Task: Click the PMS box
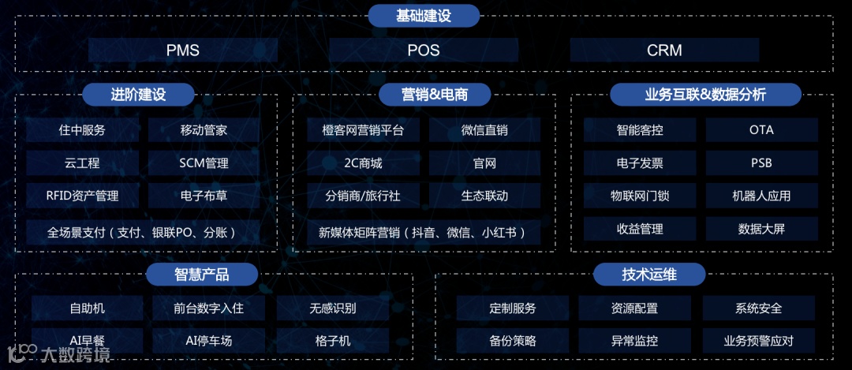pyautogui.click(x=183, y=50)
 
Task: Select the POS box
pyautogui.click(x=424, y=50)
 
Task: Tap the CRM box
pyautogui.click(x=664, y=50)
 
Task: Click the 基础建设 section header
pyautogui.click(x=424, y=15)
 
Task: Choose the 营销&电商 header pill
pyautogui.click(x=435, y=95)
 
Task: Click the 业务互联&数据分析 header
pyautogui.click(x=705, y=95)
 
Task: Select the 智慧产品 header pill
pyautogui.click(x=202, y=274)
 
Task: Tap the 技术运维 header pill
pyautogui.click(x=649, y=274)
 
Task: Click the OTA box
pyautogui.click(x=761, y=130)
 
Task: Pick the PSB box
pyautogui.click(x=761, y=163)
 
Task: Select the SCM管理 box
pyautogui.click(x=204, y=163)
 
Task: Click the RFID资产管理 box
pyautogui.click(x=82, y=196)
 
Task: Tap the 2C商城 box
pyautogui.click(x=364, y=163)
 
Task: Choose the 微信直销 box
pyautogui.click(x=484, y=130)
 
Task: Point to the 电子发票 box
pyautogui.click(x=640, y=163)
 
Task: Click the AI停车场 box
pyautogui.click(x=208, y=341)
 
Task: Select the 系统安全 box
pyautogui.click(x=758, y=308)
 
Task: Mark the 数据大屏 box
pyautogui.click(x=761, y=229)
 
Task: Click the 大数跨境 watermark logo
pyautogui.click(x=58, y=354)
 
